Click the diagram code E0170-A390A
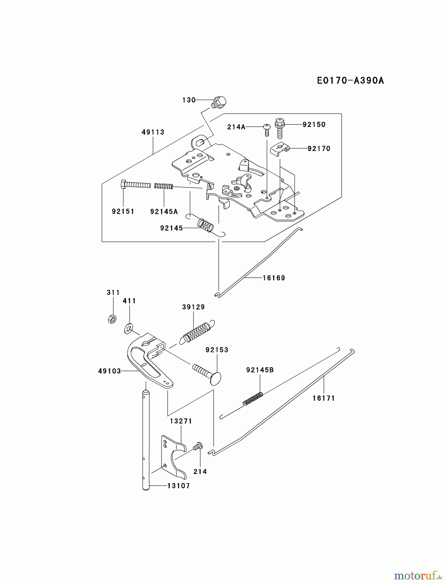coord(350,80)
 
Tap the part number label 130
coord(189,100)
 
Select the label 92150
coord(314,125)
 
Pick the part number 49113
coord(153,132)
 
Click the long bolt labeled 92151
coord(136,185)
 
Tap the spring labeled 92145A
coord(164,186)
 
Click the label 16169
coord(274,278)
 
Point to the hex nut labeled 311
coord(112,319)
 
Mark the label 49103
coord(110,371)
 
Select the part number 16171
coord(323,398)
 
